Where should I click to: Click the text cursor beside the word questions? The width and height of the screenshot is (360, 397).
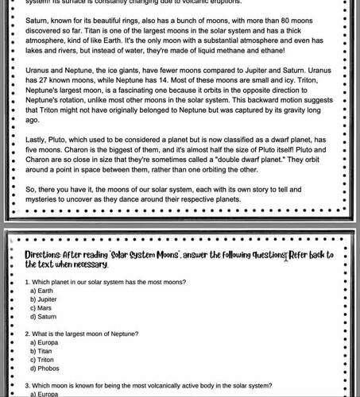pyautogui.click(x=285, y=254)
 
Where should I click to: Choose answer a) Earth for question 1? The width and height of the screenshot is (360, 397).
pyautogui.click(x=44, y=291)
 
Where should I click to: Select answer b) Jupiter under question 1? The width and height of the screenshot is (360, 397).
pyautogui.click(x=45, y=300)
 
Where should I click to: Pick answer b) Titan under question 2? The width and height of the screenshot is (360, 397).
pyautogui.click(x=41, y=350)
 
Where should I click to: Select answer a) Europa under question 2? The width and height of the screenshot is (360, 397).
pyautogui.click(x=45, y=342)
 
